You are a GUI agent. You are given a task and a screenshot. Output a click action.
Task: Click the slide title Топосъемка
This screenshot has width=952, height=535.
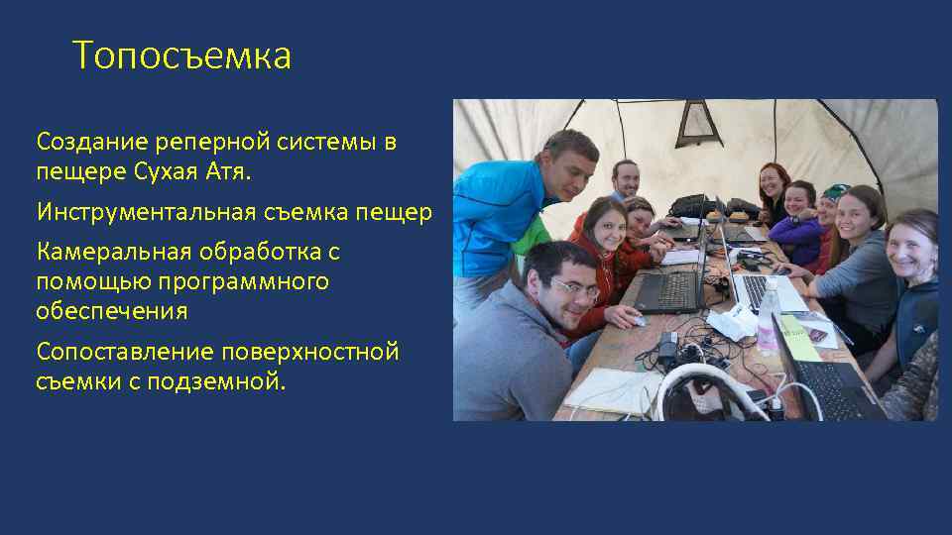pyautogui.click(x=182, y=56)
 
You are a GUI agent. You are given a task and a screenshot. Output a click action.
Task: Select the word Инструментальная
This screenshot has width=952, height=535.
pyautogui.click(x=147, y=212)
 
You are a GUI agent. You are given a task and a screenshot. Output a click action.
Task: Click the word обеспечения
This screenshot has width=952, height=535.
pyautogui.click(x=111, y=312)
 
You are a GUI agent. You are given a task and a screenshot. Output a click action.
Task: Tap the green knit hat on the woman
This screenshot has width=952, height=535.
pyautogui.click(x=836, y=190)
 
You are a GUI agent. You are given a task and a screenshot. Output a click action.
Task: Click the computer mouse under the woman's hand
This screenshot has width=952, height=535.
pyautogui.click(x=638, y=320)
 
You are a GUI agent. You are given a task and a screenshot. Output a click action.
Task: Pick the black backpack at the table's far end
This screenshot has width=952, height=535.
pyautogui.click(x=686, y=205)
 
